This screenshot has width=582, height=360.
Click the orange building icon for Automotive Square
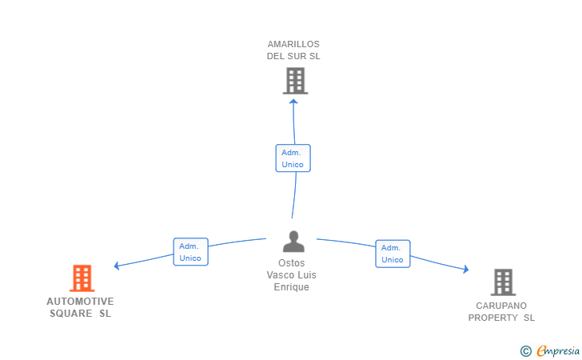[x=82, y=278]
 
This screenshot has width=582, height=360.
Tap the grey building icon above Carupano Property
[x=504, y=282]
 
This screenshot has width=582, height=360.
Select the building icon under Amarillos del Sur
[x=296, y=81]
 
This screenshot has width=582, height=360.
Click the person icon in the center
[x=293, y=242]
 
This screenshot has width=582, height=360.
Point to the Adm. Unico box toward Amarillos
[x=293, y=158]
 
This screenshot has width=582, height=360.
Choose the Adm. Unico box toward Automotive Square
[x=191, y=252]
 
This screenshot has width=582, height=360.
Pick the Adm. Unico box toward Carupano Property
[x=393, y=254]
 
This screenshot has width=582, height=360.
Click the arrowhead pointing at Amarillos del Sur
[x=293, y=101]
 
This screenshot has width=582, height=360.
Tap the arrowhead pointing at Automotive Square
[x=116, y=266]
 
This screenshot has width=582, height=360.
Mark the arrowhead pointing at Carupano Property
[x=466, y=269]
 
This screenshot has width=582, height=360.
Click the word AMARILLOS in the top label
[x=293, y=44]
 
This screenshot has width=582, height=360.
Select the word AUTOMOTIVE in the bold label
[x=80, y=302]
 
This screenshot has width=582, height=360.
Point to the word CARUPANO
[x=501, y=306]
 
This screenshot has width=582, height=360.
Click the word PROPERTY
[x=493, y=318]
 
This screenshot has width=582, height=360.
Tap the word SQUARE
[x=71, y=314]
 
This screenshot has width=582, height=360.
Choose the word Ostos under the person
[x=291, y=263]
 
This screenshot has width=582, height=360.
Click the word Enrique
[x=291, y=287]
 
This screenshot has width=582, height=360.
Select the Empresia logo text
[x=558, y=350]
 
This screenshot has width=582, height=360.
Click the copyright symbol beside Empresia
[x=526, y=351]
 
